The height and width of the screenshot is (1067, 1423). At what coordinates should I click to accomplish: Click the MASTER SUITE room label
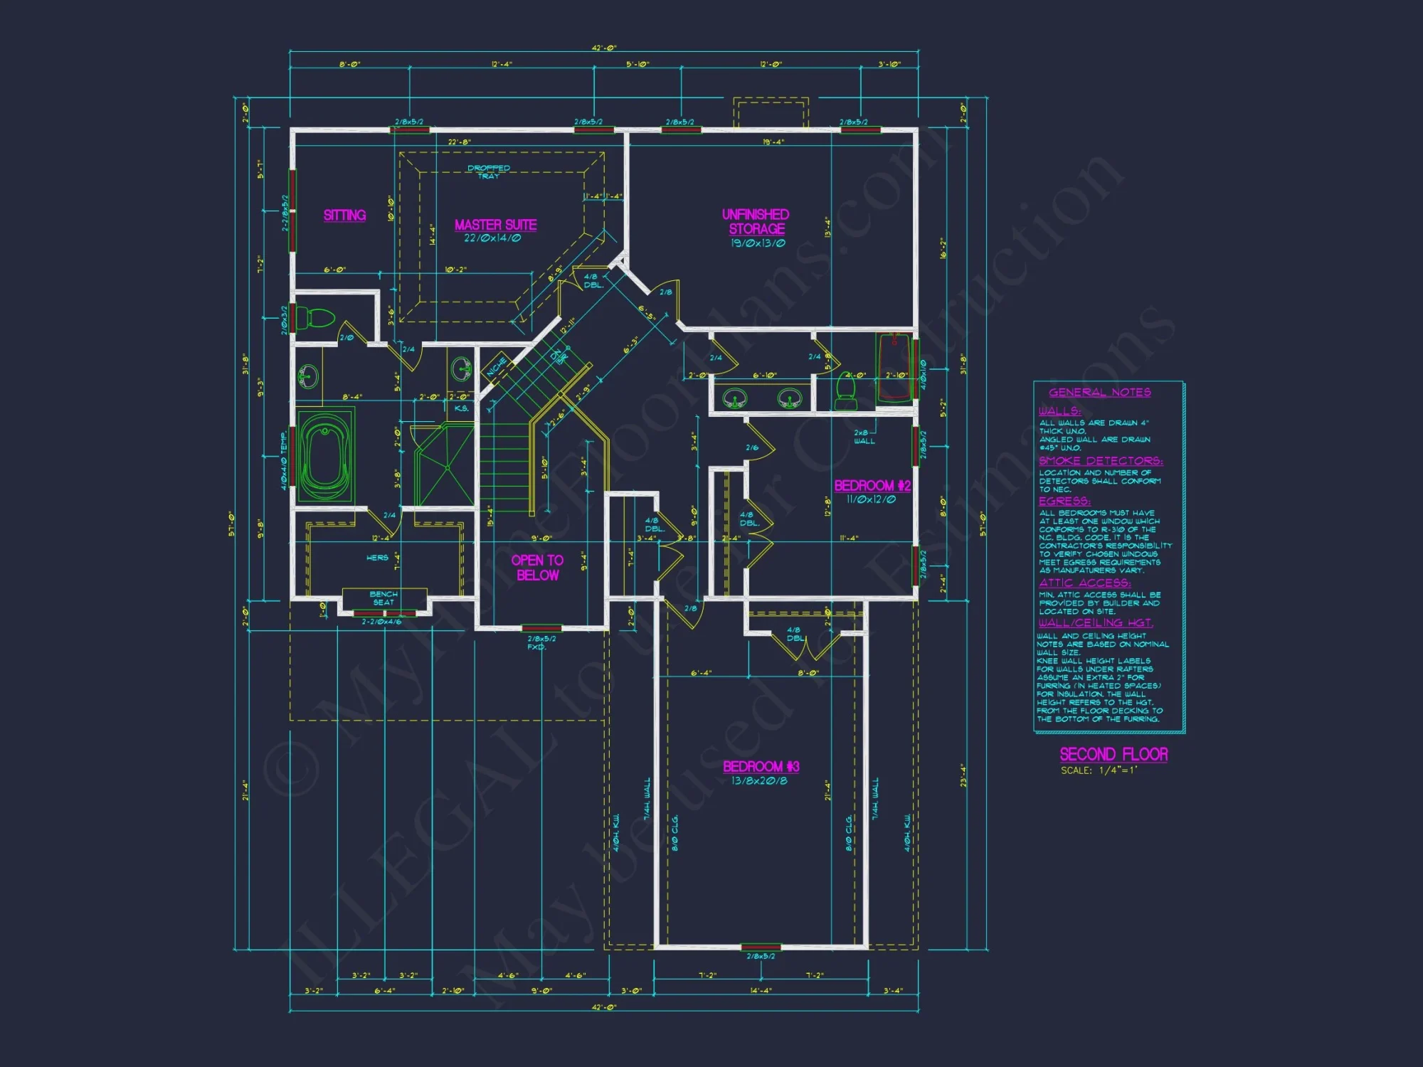[496, 225]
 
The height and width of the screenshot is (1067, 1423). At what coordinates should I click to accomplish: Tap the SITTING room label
[344, 215]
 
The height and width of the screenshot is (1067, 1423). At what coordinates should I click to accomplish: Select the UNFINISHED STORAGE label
[756, 221]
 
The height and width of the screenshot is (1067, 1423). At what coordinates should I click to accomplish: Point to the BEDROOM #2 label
[872, 486]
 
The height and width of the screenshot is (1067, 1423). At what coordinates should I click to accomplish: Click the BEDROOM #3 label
[761, 766]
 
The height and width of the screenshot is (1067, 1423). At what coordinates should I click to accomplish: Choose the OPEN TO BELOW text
[537, 568]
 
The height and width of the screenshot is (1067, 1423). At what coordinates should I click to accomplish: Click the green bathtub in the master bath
[325, 456]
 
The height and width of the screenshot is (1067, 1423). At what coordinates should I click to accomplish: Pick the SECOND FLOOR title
[1113, 754]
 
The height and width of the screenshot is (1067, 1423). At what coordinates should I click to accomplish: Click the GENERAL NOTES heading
[1099, 393]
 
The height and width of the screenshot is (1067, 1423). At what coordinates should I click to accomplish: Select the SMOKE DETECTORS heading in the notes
[1100, 461]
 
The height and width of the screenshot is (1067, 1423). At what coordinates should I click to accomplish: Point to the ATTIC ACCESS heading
[1084, 583]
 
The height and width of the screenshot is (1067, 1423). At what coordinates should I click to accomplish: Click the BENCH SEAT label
[383, 598]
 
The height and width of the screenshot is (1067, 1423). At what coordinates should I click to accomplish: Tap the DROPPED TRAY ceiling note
[489, 171]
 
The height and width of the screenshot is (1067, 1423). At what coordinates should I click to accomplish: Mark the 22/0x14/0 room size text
[492, 238]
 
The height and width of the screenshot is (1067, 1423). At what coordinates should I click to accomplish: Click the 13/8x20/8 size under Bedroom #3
[759, 781]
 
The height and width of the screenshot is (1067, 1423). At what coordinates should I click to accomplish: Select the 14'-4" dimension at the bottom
[761, 989]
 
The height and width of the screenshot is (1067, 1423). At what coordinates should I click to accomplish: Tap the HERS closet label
[377, 558]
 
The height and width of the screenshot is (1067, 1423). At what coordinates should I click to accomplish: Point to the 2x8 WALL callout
[864, 437]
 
